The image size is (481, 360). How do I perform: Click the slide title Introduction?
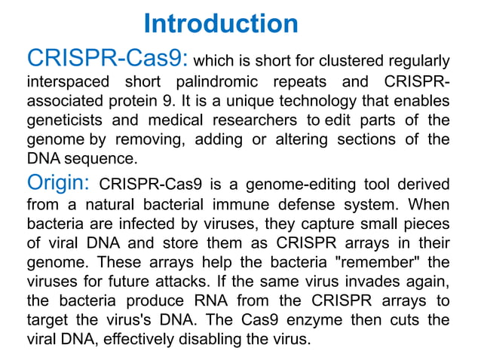tap(220, 23)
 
